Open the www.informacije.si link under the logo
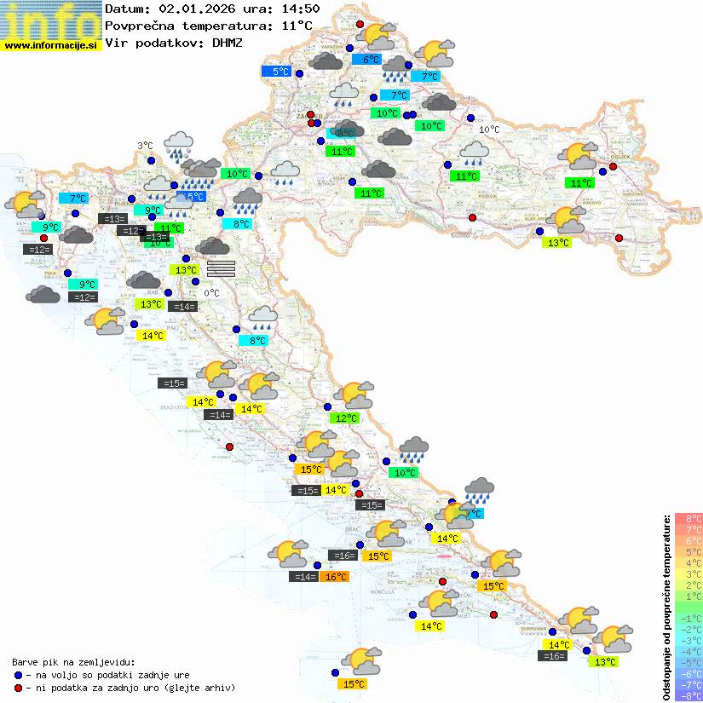[51, 45]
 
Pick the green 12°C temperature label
[345, 418]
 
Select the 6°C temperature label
[371, 60]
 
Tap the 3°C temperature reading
[146, 146]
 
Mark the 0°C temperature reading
[211, 293]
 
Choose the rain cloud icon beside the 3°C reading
[178, 145]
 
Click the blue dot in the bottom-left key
[18, 674]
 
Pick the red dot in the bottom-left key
[18, 688]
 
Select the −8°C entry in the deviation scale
[688, 696]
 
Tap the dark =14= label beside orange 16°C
[304, 577]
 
